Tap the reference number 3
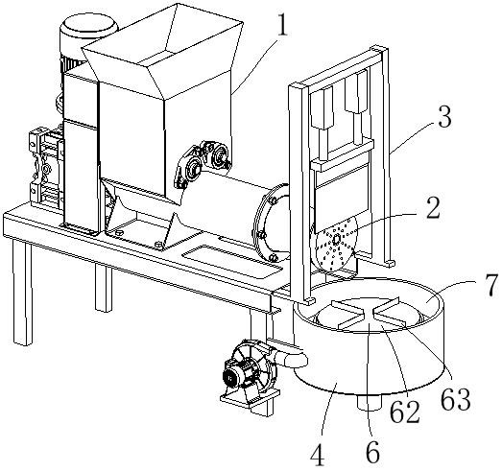click(444, 117)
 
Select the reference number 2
click(432, 207)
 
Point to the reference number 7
click(490, 284)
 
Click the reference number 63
click(456, 399)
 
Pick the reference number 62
click(404, 412)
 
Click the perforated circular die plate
click(335, 245)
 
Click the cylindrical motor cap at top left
click(88, 26)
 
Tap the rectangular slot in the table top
click(231, 257)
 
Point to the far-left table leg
click(22, 292)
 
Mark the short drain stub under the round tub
click(370, 401)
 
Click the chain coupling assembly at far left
click(46, 167)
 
